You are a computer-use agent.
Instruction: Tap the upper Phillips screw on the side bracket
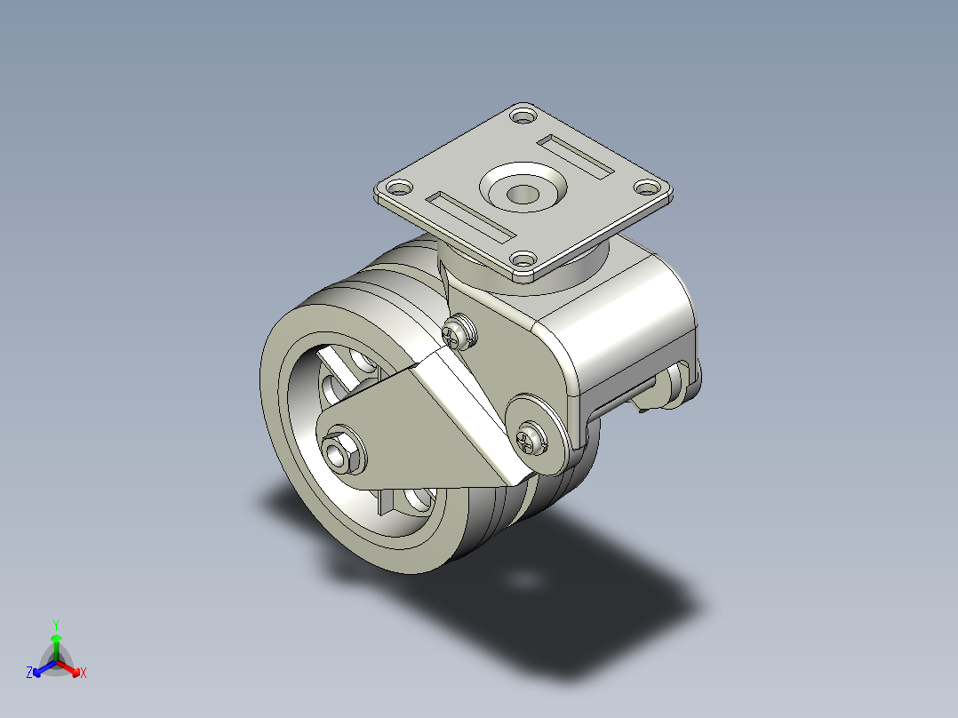459,333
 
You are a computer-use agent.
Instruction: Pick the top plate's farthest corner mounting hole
524,116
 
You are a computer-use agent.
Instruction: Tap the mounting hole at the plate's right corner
648,187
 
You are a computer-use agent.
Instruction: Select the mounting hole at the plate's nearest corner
523,260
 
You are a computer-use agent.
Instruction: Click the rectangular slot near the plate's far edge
577,155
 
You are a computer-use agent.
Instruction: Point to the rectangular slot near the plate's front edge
470,216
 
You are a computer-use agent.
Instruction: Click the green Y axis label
55,625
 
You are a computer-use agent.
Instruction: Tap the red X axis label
84,674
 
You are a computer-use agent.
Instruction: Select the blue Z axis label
29,674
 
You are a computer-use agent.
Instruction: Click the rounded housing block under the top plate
622,329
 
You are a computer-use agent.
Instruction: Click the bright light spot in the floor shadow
524,579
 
